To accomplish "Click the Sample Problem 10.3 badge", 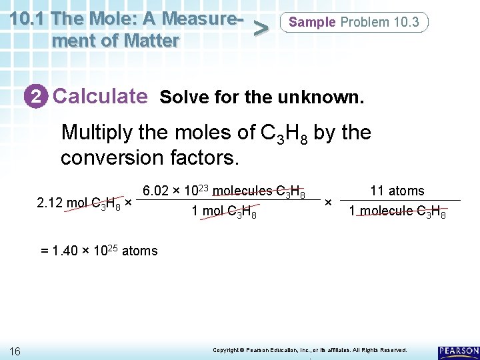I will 354,22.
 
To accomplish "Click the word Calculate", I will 100,96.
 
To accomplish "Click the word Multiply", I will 97,133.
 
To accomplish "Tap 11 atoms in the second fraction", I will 397,191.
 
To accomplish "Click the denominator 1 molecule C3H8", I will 397,212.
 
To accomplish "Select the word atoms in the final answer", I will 140,251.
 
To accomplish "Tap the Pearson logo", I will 458,351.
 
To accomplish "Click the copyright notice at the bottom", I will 309,350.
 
